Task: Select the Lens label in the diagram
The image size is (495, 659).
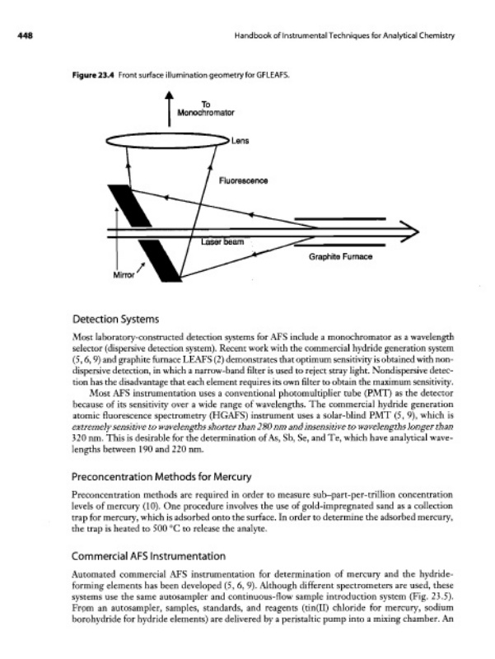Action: coord(241,140)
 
